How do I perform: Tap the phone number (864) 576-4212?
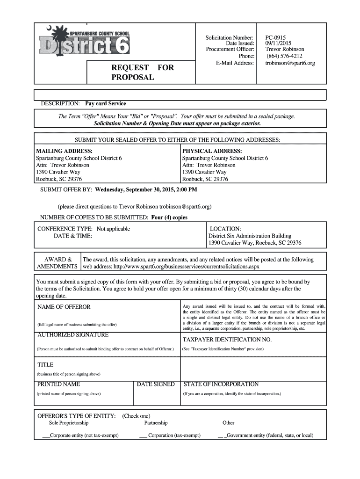[x=284, y=56]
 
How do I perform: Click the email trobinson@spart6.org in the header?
[x=290, y=63]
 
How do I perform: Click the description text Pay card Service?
[x=108, y=103]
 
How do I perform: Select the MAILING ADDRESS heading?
[x=65, y=151]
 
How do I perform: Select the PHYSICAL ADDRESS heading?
[x=212, y=151]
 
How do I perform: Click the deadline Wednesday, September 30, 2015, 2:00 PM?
[x=146, y=190]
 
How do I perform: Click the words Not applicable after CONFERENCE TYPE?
[x=113, y=229]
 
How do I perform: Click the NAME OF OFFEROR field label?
[x=64, y=307]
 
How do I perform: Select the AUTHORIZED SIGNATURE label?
[x=73, y=335]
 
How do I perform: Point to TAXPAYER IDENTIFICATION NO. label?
[x=227, y=340]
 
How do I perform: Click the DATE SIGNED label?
[x=156, y=384]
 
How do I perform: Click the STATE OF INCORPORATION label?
[x=221, y=384]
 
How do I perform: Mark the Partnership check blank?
[x=139, y=423]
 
